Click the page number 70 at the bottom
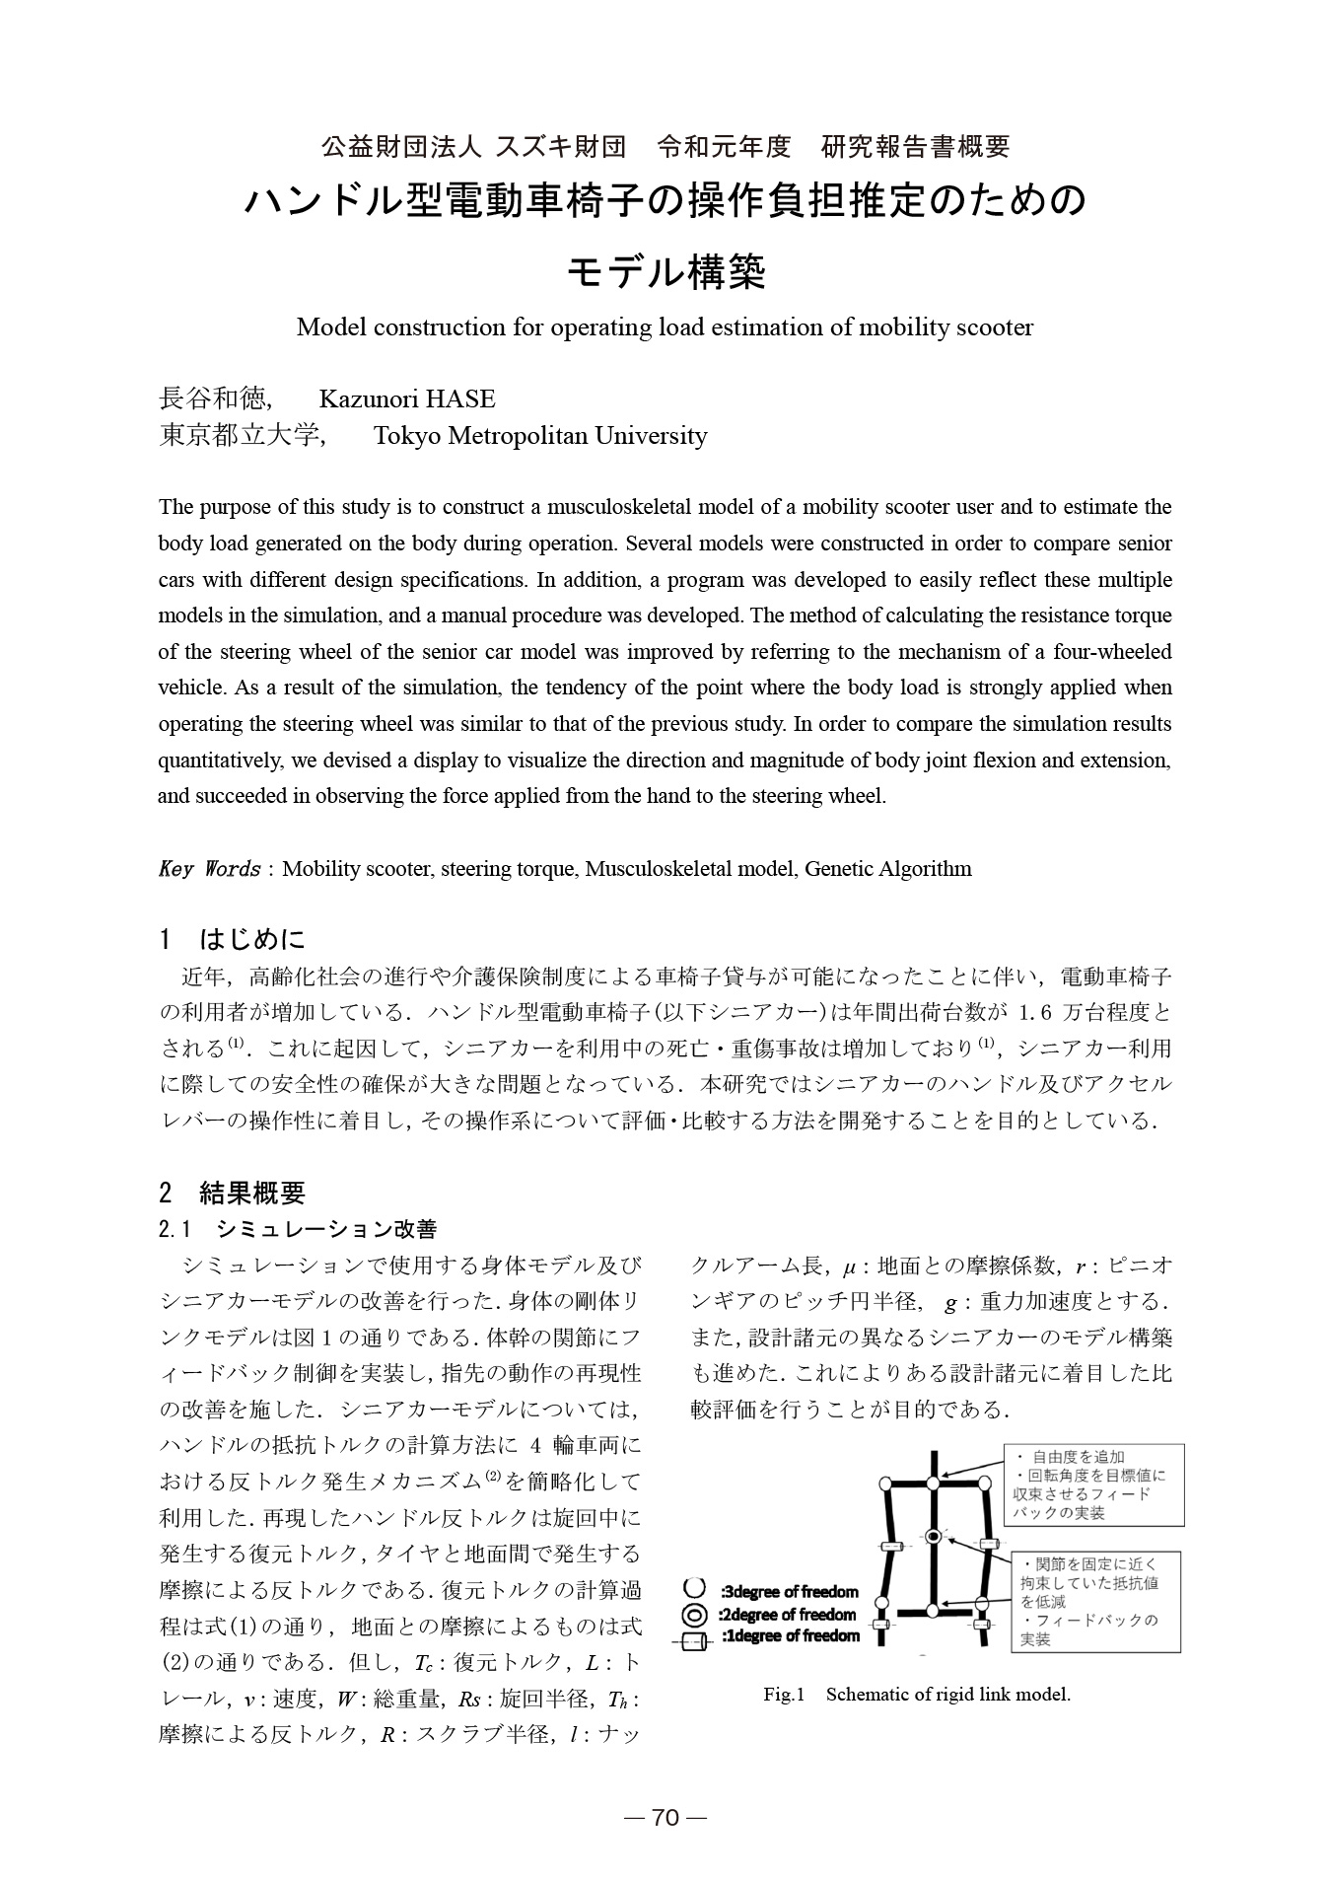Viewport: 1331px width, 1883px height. [665, 1817]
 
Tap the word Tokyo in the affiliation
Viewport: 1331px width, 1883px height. [407, 436]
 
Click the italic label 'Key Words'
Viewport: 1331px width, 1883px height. [209, 869]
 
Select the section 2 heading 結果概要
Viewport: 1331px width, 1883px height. [252, 1194]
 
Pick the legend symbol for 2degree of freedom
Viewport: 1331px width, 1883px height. [694, 1615]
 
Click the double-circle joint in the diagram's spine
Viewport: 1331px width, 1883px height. [933, 1536]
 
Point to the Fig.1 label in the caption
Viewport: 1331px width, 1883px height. [785, 1695]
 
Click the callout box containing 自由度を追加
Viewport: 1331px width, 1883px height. [1093, 1485]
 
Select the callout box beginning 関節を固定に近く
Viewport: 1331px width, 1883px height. [1097, 1602]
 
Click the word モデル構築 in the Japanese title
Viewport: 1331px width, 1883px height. [665, 273]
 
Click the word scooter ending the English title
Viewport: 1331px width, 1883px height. [995, 327]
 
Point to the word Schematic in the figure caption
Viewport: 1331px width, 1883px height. [869, 1695]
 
